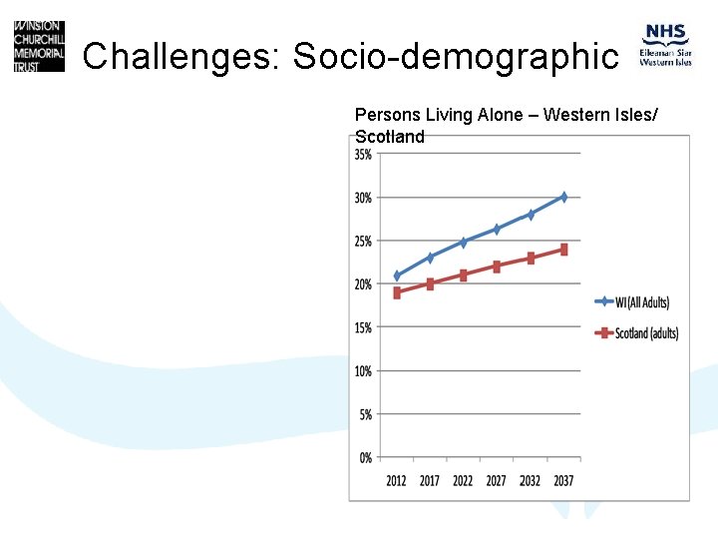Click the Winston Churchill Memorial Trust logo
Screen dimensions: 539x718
coord(39,46)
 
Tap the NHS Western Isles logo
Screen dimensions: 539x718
coord(666,46)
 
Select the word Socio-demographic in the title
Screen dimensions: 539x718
coord(456,57)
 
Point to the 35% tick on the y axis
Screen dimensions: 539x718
coord(363,155)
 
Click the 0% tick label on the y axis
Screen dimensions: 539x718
coord(365,457)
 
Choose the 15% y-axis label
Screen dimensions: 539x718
coord(363,327)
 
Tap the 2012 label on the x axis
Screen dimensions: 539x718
coord(397,481)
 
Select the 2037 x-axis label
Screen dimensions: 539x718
coord(563,481)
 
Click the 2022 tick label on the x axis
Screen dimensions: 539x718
coord(463,481)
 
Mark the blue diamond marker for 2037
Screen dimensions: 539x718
coord(563,197)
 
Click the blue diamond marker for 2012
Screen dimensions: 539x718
coord(397,275)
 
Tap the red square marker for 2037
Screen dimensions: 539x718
coord(563,250)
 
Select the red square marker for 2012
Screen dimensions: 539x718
coord(397,292)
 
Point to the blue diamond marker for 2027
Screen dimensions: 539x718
coord(497,230)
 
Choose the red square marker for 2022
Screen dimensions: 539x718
coord(464,274)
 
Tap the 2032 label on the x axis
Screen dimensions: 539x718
coord(531,481)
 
